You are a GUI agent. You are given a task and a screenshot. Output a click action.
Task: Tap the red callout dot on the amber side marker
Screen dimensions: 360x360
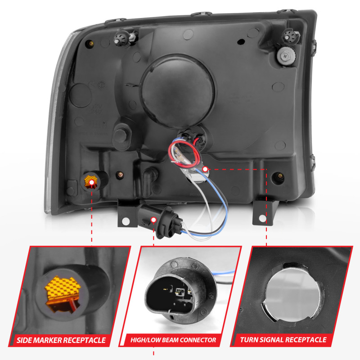click(x=93, y=182)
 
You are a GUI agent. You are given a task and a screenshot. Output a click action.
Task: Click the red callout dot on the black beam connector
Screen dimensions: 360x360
click(x=154, y=220)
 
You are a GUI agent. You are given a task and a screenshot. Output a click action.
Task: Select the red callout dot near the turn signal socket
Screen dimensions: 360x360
click(x=206, y=170)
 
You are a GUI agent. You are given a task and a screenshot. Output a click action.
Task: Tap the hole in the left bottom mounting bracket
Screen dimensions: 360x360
click(x=126, y=221)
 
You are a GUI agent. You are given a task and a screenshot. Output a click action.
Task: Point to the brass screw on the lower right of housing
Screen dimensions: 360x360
click(x=279, y=175)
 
